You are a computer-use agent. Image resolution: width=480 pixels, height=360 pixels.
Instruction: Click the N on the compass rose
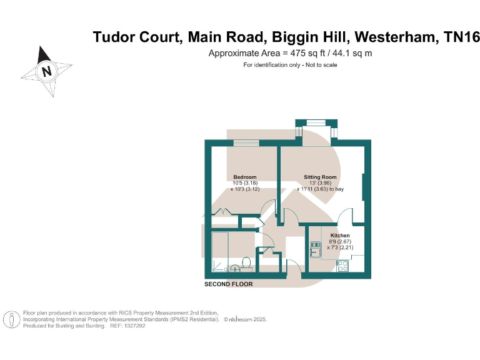pyautogui.click(x=46, y=71)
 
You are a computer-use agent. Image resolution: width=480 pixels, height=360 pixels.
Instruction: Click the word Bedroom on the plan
pyautogui.click(x=244, y=177)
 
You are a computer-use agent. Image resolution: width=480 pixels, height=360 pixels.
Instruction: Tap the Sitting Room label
pyautogui.click(x=320, y=177)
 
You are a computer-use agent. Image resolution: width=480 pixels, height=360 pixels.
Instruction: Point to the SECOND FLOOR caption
pyautogui.click(x=229, y=284)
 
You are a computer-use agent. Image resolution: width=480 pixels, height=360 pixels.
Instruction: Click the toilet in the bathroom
pyautogui.click(x=247, y=263)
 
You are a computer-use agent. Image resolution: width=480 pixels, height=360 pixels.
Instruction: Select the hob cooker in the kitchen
pyautogui.click(x=342, y=265)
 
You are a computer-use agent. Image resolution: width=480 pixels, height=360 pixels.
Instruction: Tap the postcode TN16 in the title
pyautogui.click(x=462, y=37)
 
